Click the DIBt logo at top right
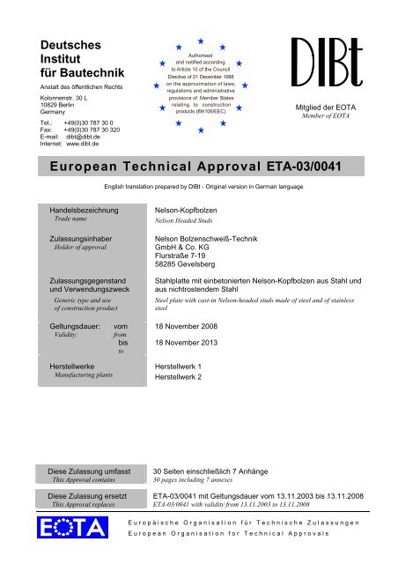click(328, 63)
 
